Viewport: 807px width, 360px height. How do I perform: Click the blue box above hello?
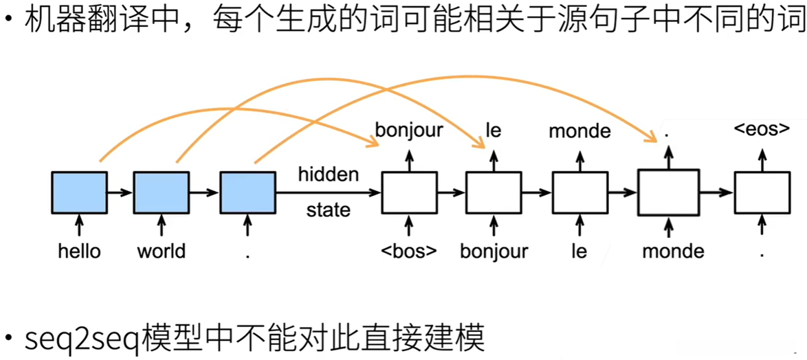click(x=79, y=193)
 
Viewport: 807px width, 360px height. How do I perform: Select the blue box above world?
click(x=161, y=193)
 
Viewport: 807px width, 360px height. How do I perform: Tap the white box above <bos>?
click(x=409, y=193)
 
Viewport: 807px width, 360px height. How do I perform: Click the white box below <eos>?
click(x=762, y=193)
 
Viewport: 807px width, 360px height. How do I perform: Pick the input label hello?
click(x=79, y=251)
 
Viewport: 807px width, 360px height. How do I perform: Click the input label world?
click(x=161, y=251)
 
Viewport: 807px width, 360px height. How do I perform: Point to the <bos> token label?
click(x=409, y=251)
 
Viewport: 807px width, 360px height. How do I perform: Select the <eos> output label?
click(x=762, y=129)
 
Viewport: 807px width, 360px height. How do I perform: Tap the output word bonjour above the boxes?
click(x=409, y=131)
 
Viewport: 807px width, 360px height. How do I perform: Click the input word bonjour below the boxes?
click(x=494, y=251)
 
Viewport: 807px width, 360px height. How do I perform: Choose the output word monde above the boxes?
click(x=579, y=130)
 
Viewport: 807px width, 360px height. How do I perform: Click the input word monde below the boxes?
click(x=673, y=251)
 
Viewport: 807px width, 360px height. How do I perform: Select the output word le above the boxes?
click(x=494, y=129)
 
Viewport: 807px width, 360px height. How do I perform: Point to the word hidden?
click(x=328, y=175)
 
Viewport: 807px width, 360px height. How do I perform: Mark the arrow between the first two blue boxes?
click(x=120, y=193)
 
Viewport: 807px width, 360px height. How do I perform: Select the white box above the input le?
click(x=579, y=193)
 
